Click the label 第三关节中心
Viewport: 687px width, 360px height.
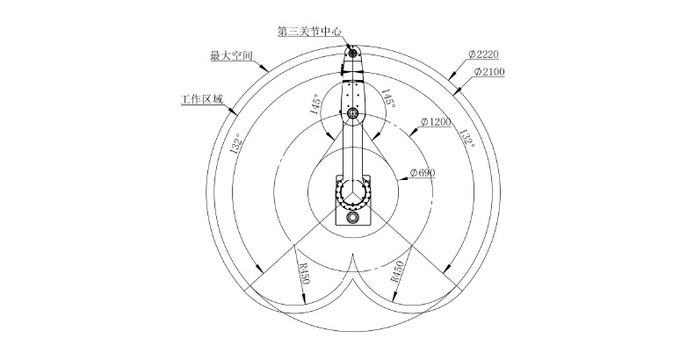310,32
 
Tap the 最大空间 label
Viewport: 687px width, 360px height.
232,55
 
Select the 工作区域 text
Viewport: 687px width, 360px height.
202,99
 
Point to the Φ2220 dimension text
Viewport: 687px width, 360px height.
483,54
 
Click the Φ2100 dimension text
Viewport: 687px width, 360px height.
489,71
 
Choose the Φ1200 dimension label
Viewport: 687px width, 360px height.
436,121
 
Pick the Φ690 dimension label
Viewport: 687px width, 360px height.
423,173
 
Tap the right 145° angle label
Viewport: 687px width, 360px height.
388,99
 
